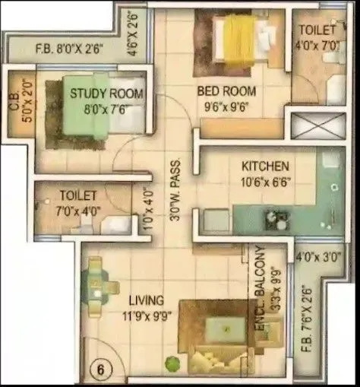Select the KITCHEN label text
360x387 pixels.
pyautogui.click(x=265, y=166)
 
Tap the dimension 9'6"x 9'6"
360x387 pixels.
pyautogui.click(x=226, y=106)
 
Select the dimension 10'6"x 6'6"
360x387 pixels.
pyautogui.click(x=265, y=181)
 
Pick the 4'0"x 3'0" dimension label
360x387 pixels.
pyautogui.click(x=318, y=257)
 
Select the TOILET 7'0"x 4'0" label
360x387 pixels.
pyautogui.click(x=79, y=202)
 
